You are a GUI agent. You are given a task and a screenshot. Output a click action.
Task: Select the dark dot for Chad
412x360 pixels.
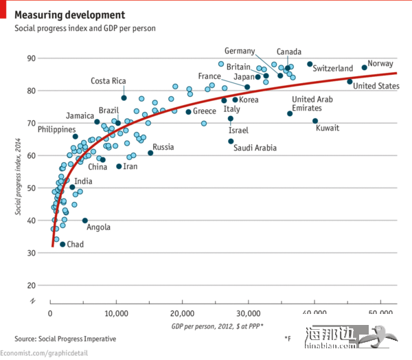pos(62,245)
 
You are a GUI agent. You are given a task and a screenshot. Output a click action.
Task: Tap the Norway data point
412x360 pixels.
pos(365,68)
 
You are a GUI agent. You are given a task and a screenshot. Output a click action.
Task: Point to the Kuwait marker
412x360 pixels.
pos(315,121)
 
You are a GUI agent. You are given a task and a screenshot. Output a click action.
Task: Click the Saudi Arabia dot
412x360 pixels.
pos(231,142)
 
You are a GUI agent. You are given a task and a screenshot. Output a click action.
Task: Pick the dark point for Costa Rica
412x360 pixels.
pos(124,98)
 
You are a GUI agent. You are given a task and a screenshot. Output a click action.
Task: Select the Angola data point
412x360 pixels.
pos(85,221)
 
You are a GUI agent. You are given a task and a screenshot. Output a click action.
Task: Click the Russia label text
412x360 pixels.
pos(163,147)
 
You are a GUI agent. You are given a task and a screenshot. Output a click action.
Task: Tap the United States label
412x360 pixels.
pos(376,86)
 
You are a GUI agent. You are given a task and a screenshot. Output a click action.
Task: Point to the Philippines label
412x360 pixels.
pos(57,129)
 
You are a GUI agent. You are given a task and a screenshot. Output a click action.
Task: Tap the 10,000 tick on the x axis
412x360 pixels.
pos(116,313)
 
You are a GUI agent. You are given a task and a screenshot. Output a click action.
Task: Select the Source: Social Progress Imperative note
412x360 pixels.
pos(65,339)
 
